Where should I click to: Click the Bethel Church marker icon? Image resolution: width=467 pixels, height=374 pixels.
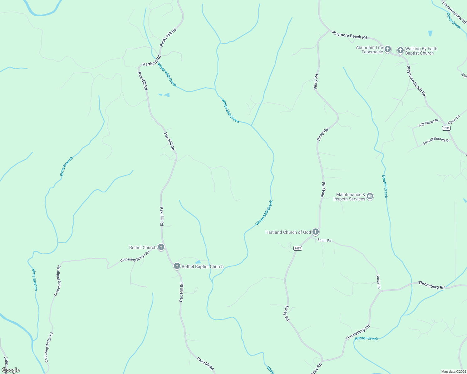161,247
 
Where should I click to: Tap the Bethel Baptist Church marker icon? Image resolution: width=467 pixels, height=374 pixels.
177,266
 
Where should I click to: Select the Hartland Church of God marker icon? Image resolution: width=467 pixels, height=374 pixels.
316,232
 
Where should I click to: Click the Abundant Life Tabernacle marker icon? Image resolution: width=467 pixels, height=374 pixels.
387,49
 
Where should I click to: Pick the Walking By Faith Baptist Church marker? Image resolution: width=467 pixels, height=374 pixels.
401,50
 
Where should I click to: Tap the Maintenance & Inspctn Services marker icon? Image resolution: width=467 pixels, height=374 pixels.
370,196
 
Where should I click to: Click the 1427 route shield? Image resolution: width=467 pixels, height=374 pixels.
297,248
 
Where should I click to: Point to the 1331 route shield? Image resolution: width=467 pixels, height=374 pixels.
446,128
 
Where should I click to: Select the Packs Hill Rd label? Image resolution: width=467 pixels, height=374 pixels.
168,37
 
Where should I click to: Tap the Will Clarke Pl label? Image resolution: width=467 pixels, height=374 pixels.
428,123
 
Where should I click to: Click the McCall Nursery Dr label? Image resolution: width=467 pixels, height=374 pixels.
436,141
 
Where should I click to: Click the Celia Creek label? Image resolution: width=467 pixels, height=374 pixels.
453,21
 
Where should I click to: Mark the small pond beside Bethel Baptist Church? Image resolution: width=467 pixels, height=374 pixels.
198,262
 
